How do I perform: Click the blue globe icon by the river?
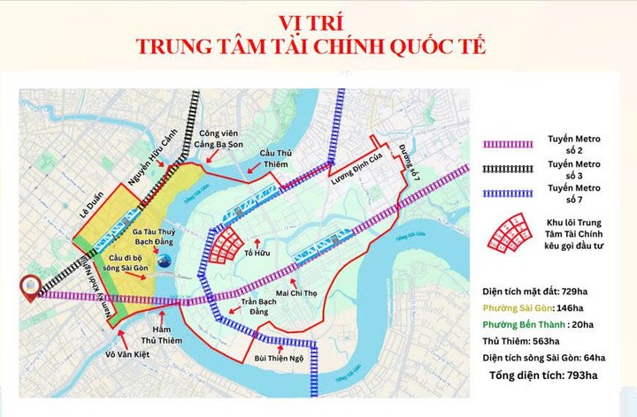point(165,259)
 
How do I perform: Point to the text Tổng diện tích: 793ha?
point(546,376)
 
